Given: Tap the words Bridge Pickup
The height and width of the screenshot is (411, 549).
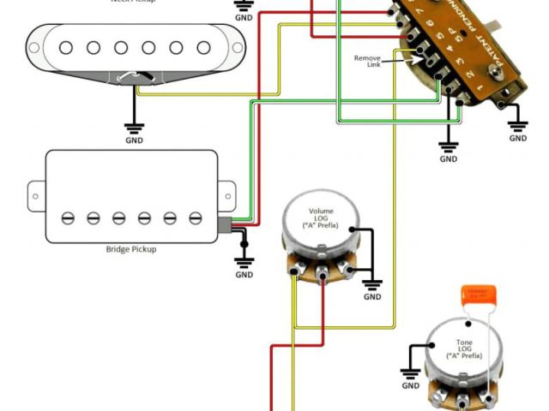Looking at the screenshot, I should [x=131, y=249].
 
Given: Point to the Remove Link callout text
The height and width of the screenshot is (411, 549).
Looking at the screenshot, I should [x=367, y=62].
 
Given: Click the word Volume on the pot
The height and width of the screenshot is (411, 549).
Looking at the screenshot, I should [x=321, y=211].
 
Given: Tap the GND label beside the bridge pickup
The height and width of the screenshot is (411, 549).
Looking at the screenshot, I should [x=244, y=275].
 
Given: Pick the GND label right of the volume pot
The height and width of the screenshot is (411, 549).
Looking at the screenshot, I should [x=372, y=296].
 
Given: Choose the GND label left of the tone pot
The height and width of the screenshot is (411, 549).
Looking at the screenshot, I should [x=411, y=385].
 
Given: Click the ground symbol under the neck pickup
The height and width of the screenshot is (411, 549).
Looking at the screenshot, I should [x=135, y=127].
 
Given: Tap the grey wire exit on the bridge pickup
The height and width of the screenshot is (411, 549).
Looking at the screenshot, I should [x=225, y=226].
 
